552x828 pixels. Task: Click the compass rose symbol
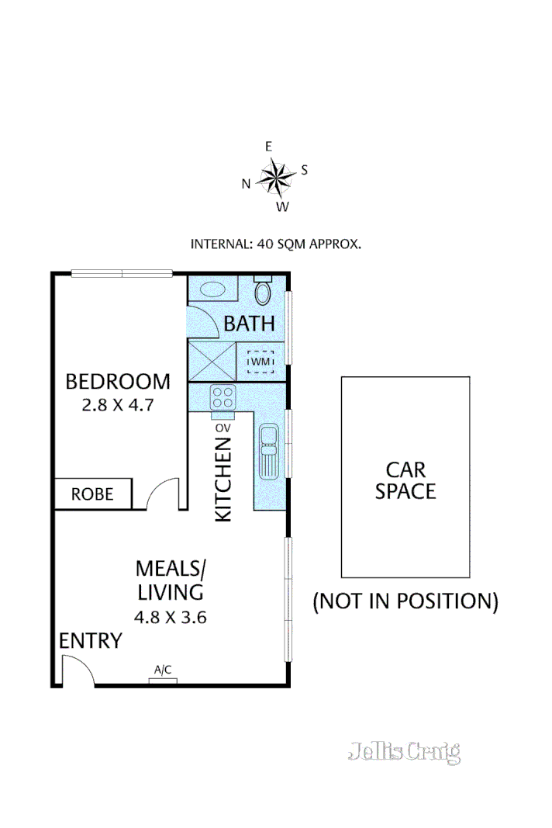(x=274, y=177)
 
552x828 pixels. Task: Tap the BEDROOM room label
(x=118, y=382)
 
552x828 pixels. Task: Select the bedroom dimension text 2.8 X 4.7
(x=118, y=404)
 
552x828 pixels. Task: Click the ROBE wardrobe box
(x=93, y=494)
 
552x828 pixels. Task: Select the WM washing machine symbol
(x=260, y=361)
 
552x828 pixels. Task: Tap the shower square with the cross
(x=210, y=360)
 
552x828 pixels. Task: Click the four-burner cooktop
(x=223, y=397)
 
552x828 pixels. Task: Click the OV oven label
(x=223, y=428)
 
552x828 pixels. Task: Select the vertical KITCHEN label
(x=223, y=479)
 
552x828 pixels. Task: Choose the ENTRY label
(x=91, y=641)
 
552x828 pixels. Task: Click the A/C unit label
(x=163, y=669)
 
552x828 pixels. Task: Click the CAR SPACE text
(x=405, y=480)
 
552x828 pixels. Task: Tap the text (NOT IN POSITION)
(x=405, y=601)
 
